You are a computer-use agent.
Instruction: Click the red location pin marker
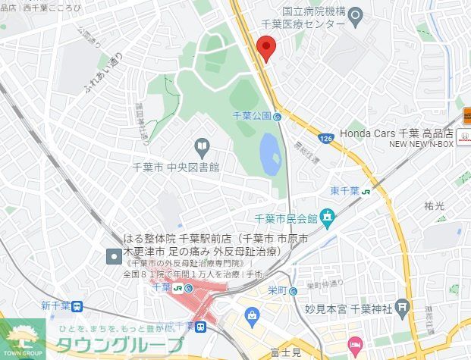(265, 48)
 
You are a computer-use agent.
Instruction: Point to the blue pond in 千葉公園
(270, 154)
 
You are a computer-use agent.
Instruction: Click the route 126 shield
(326, 139)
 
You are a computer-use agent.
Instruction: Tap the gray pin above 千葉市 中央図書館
(202, 146)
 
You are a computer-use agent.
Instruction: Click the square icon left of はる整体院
(114, 255)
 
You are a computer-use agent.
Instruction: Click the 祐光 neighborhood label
(435, 205)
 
